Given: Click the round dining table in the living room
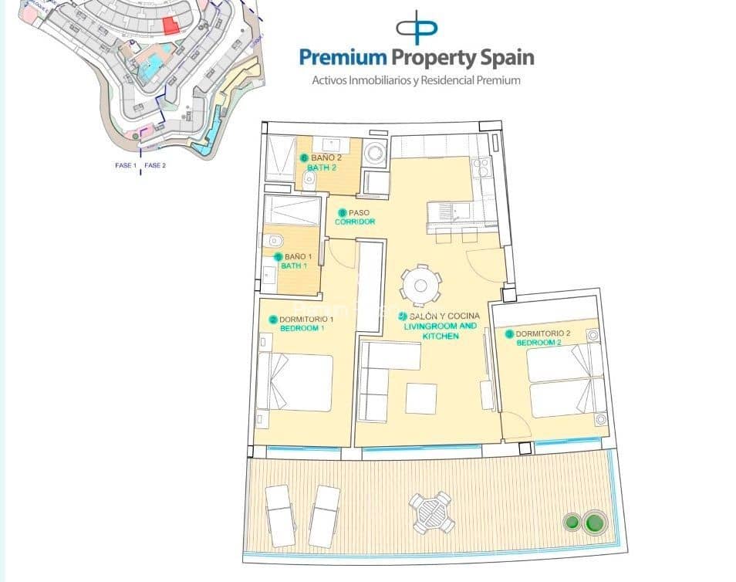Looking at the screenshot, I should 420,285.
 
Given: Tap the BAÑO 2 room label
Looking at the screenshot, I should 325,157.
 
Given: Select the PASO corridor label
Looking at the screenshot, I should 359,212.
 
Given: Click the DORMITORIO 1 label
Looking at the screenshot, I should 306,320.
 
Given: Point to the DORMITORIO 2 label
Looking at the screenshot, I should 542,333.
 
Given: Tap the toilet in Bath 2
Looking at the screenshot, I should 309,180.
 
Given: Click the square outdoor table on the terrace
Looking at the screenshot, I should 431,511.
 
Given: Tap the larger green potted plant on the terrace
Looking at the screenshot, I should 594,523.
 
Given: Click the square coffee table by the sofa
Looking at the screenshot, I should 421,398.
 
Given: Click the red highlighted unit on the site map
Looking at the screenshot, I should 170,25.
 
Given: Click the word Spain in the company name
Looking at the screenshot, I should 502,57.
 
